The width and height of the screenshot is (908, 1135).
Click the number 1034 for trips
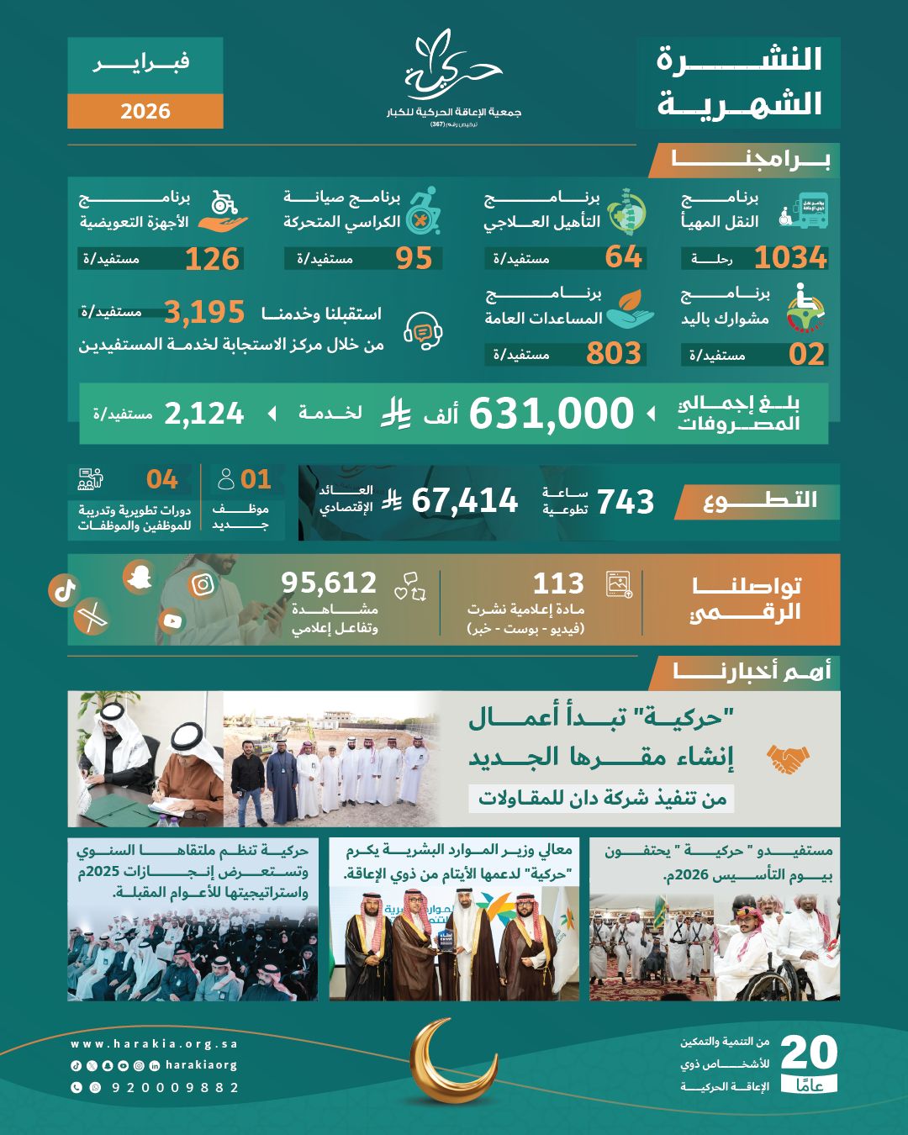(x=790, y=257)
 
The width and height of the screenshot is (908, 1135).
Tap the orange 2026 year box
(x=145, y=111)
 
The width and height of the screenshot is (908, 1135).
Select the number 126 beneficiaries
(x=212, y=259)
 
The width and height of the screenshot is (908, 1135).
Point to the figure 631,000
(x=551, y=414)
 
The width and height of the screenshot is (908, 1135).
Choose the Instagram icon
(x=203, y=584)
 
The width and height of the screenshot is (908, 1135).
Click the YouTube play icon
(x=172, y=621)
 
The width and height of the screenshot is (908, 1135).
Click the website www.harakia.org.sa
(x=155, y=1044)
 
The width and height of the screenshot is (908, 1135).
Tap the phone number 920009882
(x=175, y=1087)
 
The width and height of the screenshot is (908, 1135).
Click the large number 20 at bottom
(x=809, y=1053)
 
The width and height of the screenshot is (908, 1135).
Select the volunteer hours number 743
(x=625, y=502)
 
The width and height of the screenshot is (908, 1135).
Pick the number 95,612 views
(x=329, y=583)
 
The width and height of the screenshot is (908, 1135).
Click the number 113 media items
(x=558, y=583)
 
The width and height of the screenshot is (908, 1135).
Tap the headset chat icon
(x=423, y=330)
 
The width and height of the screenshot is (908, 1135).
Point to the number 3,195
(x=204, y=313)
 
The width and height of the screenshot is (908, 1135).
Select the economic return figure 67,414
(x=464, y=501)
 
